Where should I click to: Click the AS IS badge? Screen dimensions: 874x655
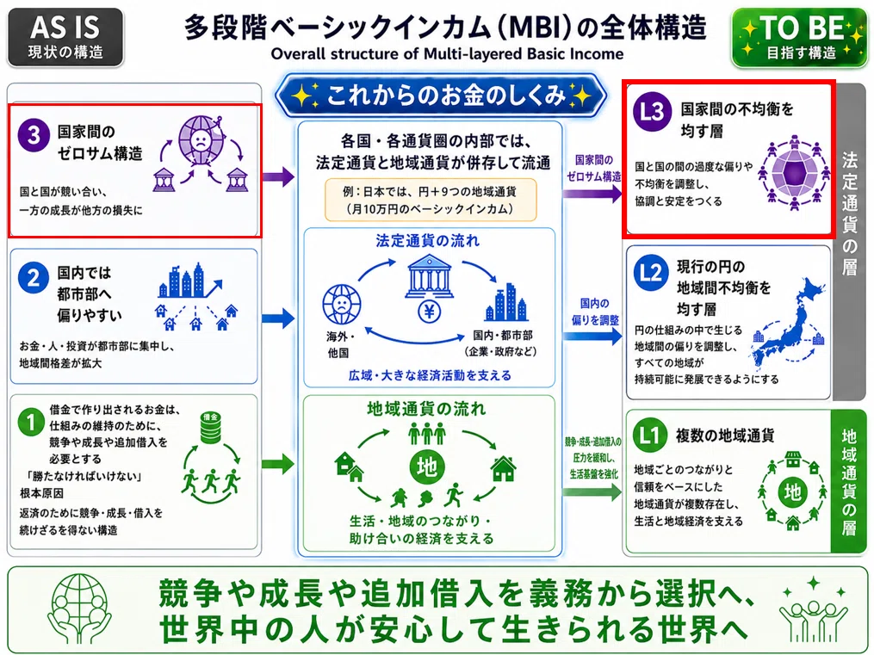(65, 37)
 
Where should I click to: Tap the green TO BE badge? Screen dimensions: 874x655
(800, 37)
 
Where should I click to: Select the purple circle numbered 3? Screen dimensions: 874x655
(34, 134)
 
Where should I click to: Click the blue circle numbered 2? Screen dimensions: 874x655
(33, 277)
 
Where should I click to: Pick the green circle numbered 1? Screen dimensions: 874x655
(31, 423)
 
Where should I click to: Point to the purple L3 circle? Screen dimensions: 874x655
(652, 111)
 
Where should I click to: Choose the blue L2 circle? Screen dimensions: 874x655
(650, 273)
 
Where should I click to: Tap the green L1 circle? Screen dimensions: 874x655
(650, 435)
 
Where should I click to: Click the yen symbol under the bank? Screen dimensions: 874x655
(429, 312)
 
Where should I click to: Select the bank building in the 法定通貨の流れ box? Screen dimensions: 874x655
(429, 276)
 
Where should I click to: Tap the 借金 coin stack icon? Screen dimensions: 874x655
(211, 427)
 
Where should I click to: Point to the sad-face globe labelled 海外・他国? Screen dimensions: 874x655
(342, 304)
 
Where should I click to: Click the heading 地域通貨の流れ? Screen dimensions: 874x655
(426, 409)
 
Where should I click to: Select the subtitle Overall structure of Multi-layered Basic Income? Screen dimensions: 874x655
(447, 54)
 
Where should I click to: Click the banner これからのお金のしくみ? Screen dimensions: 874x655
(441, 96)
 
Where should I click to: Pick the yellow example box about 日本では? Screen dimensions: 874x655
(431, 200)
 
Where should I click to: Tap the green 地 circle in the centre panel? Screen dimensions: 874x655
(426, 466)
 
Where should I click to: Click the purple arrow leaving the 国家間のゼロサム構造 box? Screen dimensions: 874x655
(278, 177)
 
